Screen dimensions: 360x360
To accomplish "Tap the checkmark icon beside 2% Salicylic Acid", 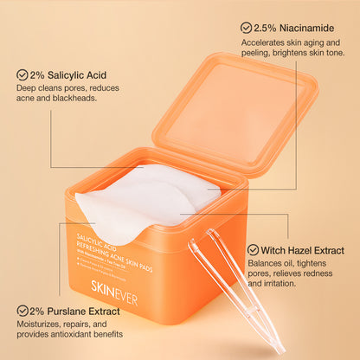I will (x=22, y=75).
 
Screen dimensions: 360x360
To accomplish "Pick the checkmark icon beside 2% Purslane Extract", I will (x=22, y=309).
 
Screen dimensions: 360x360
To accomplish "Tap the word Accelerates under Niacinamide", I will (x=267, y=42).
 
